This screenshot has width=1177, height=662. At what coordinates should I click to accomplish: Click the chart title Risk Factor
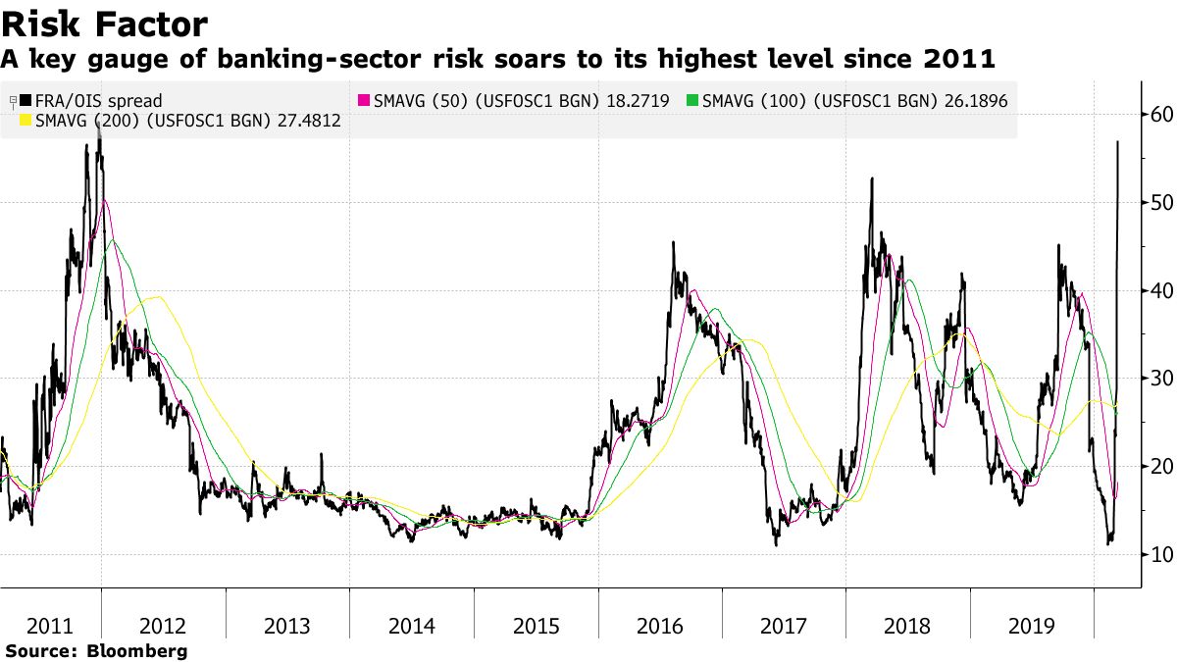point(104,24)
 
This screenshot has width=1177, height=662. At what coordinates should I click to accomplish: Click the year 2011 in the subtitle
point(960,60)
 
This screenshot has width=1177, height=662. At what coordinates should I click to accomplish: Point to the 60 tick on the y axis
point(1161,115)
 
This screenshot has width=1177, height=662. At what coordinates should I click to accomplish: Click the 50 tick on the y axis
point(1161,203)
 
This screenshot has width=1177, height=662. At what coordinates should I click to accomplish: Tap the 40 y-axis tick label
point(1161,291)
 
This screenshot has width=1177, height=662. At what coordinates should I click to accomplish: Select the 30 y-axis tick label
point(1161,379)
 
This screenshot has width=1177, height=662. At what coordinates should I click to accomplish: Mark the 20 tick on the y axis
point(1161,467)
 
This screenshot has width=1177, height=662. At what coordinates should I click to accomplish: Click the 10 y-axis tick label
point(1161,555)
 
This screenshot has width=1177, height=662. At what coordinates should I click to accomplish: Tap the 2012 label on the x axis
point(164,627)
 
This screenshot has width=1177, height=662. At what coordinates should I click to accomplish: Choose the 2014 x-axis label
point(412,627)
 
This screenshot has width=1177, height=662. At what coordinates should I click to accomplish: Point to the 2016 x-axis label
point(661,627)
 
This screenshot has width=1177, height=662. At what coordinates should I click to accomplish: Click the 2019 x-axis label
point(1033,627)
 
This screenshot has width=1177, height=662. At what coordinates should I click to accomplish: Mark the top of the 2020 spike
point(1118,143)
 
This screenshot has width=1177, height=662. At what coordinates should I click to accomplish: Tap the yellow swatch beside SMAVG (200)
point(26,122)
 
